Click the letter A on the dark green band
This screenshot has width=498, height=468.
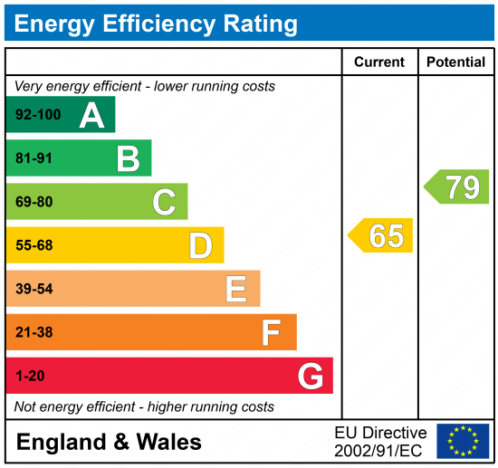[91, 115]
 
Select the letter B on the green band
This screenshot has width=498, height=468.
[128, 159]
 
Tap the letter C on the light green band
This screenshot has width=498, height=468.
[164, 202]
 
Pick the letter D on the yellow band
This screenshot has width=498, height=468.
[200, 246]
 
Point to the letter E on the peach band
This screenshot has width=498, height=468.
[236, 290]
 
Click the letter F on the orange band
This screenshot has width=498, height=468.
[272, 333]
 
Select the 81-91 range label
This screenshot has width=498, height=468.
[34, 159]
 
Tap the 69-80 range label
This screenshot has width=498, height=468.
[34, 202]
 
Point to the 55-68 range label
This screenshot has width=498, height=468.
[34, 246]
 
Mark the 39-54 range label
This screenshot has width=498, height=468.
[34, 290]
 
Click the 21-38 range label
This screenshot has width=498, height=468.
[34, 333]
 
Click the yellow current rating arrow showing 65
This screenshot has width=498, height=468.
[381, 235]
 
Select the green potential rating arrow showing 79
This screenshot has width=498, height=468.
[457, 187]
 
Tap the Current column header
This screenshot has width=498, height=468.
[379, 62]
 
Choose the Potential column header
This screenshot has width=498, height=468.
[456, 62]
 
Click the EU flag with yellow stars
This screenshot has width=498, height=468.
[463, 441]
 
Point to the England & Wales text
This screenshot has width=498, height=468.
[110, 443]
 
